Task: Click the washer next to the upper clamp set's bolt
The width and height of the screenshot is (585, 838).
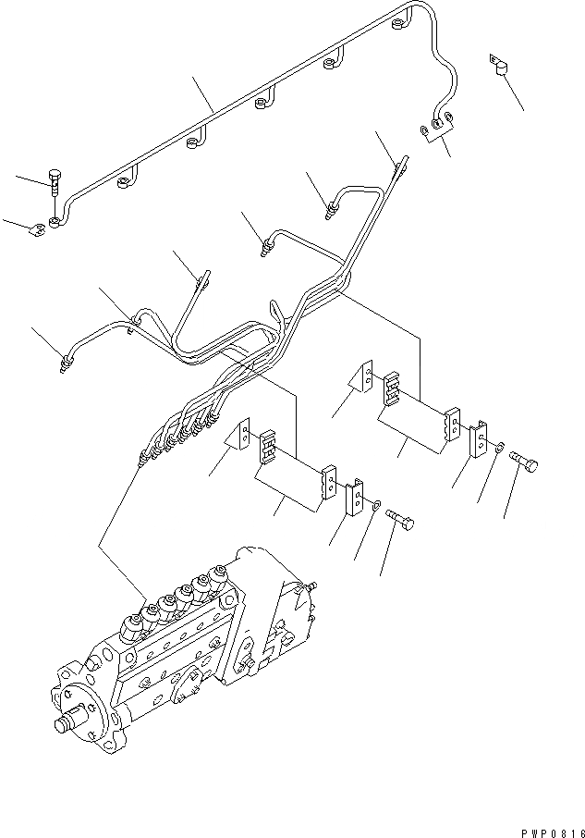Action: pyautogui.click(x=497, y=450)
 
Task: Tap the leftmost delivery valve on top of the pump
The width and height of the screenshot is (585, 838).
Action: pyautogui.click(x=132, y=622)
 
